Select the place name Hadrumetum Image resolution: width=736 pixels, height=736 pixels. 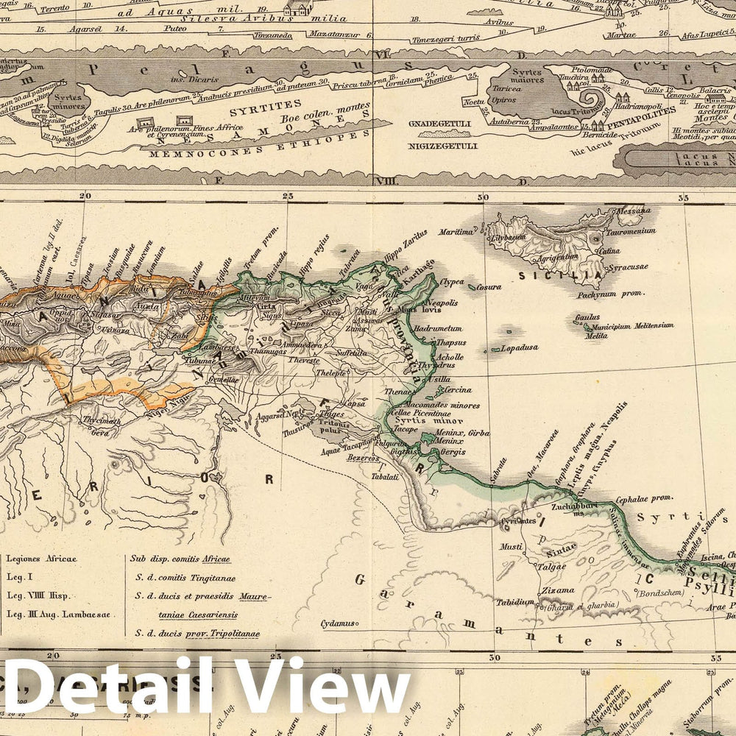[x=439, y=328]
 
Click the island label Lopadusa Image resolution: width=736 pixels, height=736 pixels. [x=519, y=347]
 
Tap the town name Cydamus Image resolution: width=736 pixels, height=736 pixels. [x=335, y=624]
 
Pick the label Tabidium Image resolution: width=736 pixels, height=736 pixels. [x=515, y=602]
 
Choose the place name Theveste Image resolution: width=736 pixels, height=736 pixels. [x=304, y=361]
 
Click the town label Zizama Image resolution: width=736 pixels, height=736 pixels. [x=556, y=590]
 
